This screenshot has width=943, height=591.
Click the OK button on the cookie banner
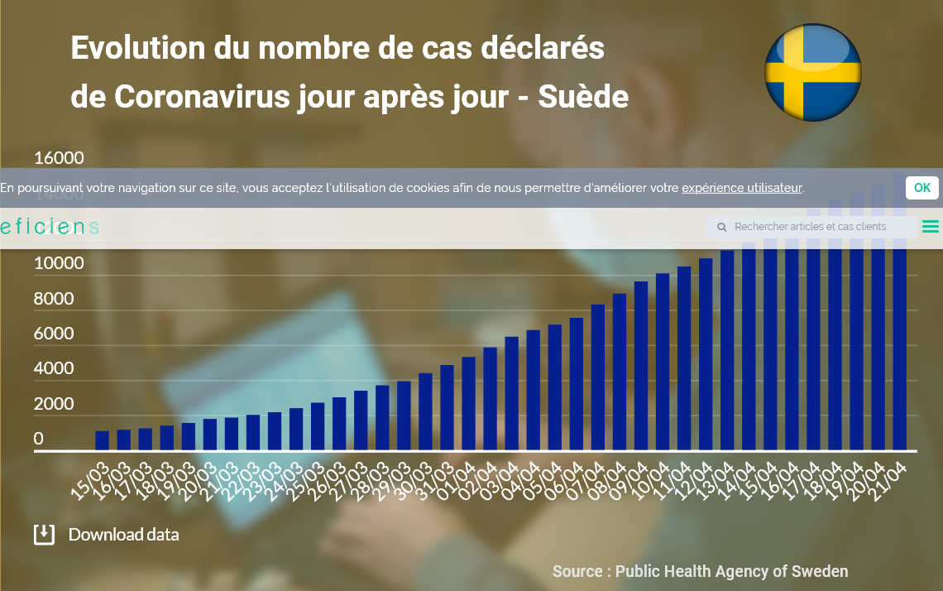(921, 188)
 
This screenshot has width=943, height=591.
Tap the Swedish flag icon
(812, 73)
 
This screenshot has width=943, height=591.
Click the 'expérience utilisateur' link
(741, 188)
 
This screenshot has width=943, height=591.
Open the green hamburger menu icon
(930, 227)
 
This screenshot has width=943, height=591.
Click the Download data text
(123, 535)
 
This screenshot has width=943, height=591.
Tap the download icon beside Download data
(44, 534)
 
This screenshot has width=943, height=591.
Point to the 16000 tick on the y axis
(59, 158)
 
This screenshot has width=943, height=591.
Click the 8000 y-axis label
(54, 299)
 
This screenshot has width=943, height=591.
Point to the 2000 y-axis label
(54, 404)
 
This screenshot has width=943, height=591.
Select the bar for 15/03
(102, 440)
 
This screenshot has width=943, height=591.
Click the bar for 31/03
(447, 407)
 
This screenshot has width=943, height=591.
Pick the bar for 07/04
(597, 377)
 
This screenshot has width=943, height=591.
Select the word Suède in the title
(583, 97)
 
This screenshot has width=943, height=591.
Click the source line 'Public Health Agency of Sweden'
(731, 571)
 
